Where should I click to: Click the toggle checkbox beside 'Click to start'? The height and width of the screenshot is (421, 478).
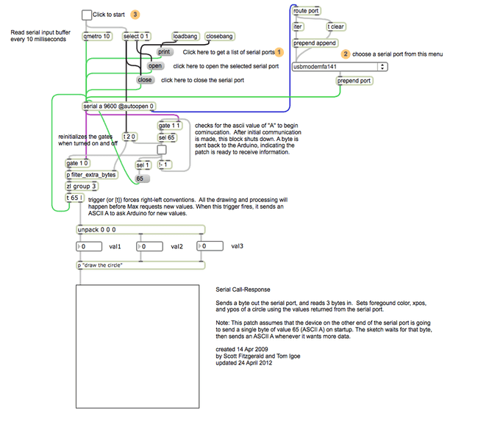(87, 15)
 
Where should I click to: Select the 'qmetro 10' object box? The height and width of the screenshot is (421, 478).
(97, 36)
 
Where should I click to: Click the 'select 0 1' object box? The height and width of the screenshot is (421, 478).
(136, 36)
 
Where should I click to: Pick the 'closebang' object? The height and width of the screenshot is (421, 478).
(219, 36)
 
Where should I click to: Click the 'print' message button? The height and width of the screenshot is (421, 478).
(164, 52)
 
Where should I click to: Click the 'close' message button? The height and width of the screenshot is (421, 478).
(145, 80)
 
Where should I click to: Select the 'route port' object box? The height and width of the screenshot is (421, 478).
(306, 11)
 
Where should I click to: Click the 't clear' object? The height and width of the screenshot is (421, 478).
(336, 26)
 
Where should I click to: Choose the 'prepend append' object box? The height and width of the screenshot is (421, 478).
(315, 43)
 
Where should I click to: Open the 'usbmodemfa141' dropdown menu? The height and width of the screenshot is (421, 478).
(339, 66)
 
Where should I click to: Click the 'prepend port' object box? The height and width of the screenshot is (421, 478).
(354, 81)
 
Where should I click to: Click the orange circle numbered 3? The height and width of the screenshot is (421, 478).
(135, 14)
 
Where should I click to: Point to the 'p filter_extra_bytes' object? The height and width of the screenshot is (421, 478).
(91, 175)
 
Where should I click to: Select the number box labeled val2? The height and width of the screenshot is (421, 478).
(151, 247)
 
